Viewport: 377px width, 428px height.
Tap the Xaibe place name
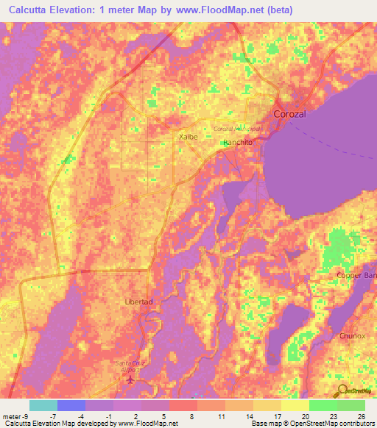[x=188, y=137]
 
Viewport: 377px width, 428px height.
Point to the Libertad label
[x=138, y=302]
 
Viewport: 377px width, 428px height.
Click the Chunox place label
[x=352, y=335]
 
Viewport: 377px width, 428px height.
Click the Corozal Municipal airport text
[x=237, y=129]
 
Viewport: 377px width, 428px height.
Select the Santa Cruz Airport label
[x=131, y=366]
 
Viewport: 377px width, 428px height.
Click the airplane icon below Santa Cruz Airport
[x=131, y=380]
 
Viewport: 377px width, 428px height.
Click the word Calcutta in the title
[x=32, y=10]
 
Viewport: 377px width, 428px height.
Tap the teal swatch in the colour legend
[x=43, y=405]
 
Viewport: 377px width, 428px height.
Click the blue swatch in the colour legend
[x=71, y=405]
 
